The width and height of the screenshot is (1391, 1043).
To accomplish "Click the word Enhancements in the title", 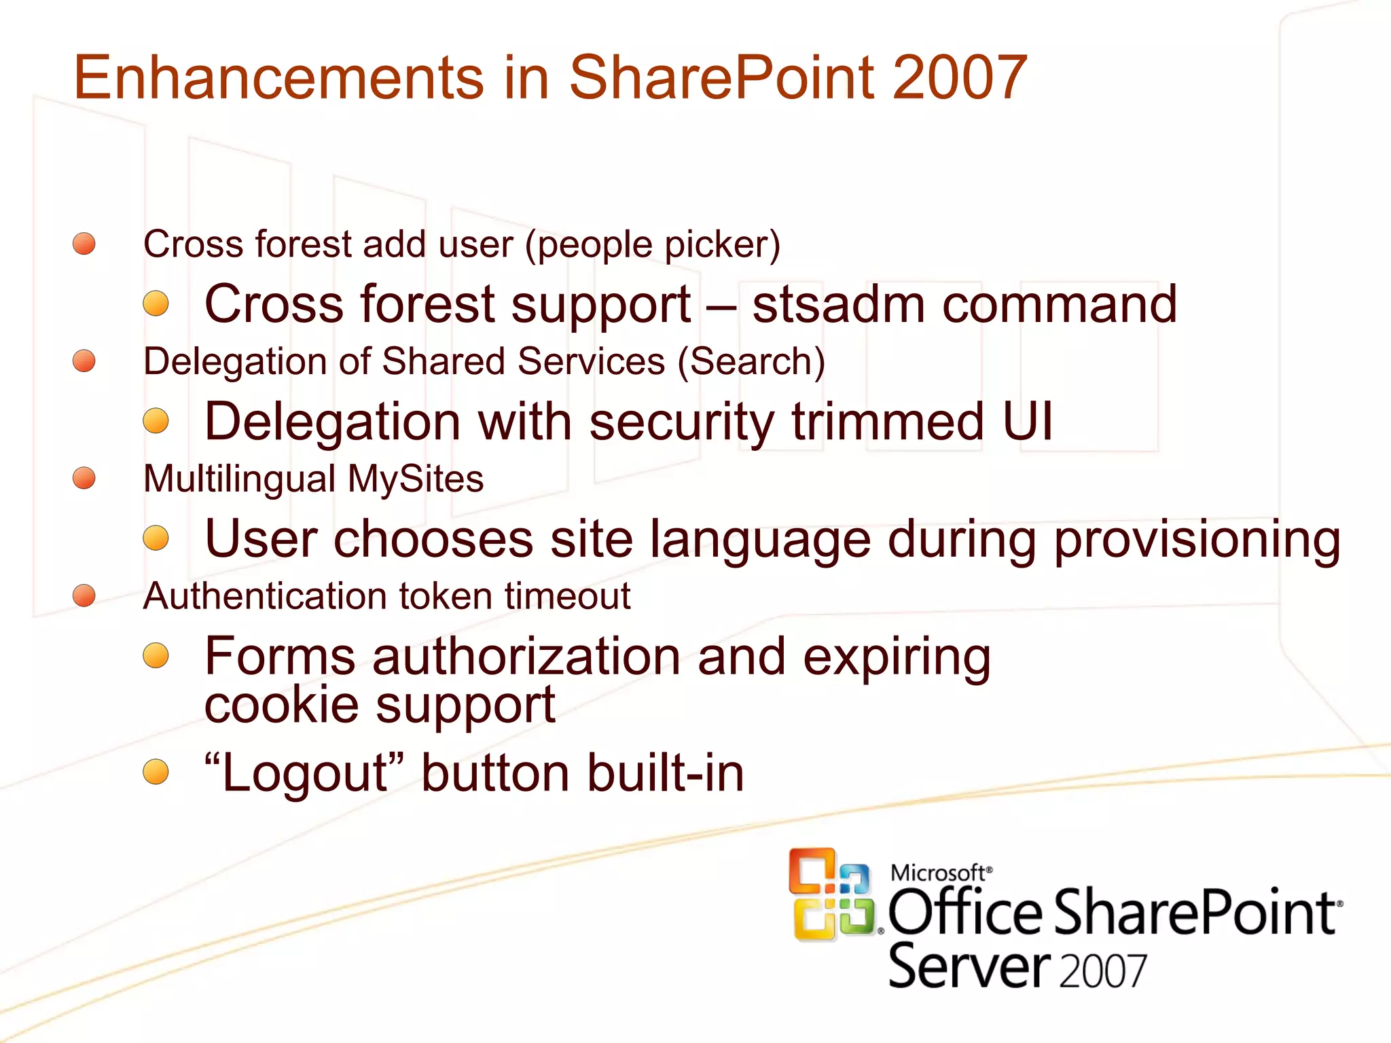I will (278, 77).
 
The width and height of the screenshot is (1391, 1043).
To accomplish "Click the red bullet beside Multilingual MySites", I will (84, 478).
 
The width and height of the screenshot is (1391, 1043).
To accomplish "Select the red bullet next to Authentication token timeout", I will (84, 596).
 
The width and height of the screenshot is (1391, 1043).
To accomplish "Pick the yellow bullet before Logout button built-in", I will (156, 772).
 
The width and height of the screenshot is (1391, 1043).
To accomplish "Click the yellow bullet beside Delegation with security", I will (156, 420).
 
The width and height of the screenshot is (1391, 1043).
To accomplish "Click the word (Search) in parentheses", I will (751, 361).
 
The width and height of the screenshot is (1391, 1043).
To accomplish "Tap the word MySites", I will (416, 479).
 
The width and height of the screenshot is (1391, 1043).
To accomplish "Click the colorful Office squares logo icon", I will (831, 895).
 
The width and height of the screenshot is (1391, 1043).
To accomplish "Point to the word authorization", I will (526, 657).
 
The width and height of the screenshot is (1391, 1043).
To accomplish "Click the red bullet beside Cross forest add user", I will (84, 243).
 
